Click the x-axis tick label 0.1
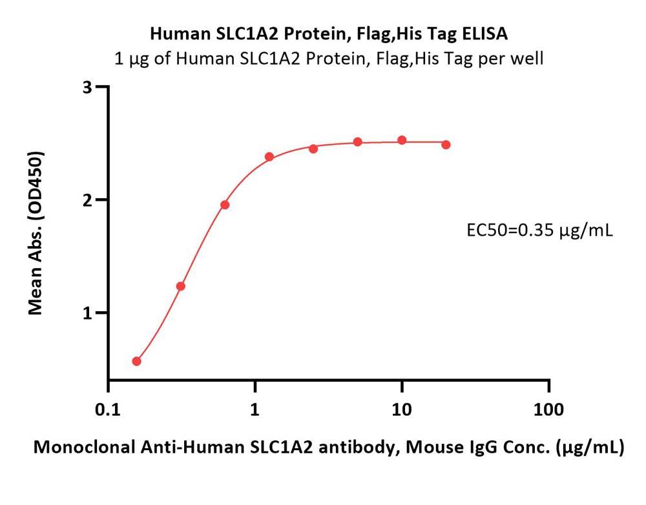click(108, 409)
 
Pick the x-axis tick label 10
click(402, 409)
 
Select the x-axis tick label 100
click(548, 409)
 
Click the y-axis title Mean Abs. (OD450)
click(37, 233)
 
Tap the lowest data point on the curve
click(136, 361)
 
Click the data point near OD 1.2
click(181, 286)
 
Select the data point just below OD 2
click(225, 205)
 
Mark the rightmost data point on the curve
click(446, 145)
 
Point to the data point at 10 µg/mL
click(402, 140)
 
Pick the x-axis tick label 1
click(255, 409)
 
